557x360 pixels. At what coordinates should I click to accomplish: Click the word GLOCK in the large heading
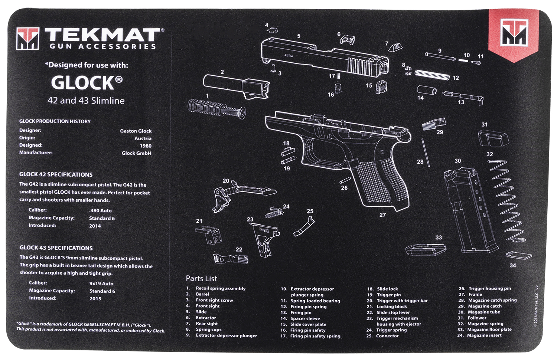[82, 83]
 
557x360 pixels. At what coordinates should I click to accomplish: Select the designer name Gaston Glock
[136, 131]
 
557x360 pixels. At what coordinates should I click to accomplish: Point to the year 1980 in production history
[146, 146]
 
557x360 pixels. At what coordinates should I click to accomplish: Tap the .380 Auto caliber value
[100, 210]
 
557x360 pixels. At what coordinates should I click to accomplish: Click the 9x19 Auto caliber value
[101, 284]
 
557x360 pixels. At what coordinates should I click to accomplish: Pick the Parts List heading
[201, 278]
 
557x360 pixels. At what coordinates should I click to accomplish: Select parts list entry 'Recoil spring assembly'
[221, 288]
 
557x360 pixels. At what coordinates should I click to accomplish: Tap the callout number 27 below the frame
[382, 215]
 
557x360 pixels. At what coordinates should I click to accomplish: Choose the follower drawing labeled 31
[492, 139]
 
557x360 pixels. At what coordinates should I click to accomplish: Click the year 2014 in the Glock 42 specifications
[95, 226]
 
